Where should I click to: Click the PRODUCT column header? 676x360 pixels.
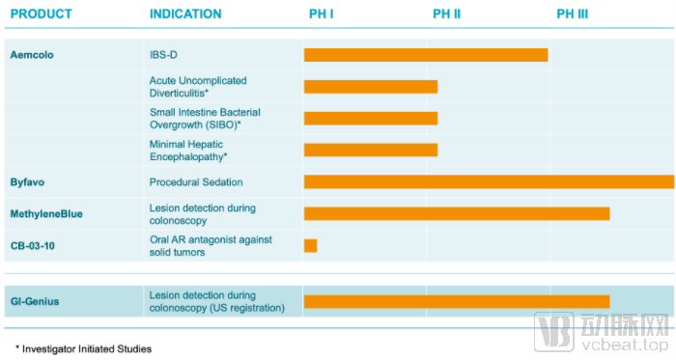click(x=41, y=14)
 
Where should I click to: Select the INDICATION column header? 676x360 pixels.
click(x=185, y=14)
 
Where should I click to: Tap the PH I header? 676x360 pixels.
click(x=322, y=14)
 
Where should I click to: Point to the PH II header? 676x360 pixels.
click(x=446, y=14)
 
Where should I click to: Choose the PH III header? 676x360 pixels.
click(x=572, y=14)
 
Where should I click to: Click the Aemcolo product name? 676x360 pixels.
click(x=32, y=55)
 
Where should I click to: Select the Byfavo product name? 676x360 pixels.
click(x=27, y=182)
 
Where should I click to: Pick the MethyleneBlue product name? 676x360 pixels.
click(x=46, y=214)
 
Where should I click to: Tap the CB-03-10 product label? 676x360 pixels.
click(x=32, y=246)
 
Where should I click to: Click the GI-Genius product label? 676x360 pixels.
click(x=35, y=301)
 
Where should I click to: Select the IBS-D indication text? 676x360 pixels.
click(x=163, y=55)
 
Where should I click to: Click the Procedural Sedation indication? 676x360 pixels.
click(x=196, y=182)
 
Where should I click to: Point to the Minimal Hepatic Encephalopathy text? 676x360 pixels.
click(x=188, y=151)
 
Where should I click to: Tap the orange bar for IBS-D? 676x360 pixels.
click(x=426, y=55)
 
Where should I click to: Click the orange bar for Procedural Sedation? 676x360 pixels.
click(x=489, y=181)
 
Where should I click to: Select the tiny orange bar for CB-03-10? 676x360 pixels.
click(x=310, y=245)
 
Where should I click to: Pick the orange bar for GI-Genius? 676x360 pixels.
click(x=457, y=301)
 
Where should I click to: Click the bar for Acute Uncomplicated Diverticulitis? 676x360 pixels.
click(x=371, y=87)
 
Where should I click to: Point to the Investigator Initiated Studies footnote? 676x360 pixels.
click(x=84, y=348)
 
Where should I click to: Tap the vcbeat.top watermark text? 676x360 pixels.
click(x=624, y=345)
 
